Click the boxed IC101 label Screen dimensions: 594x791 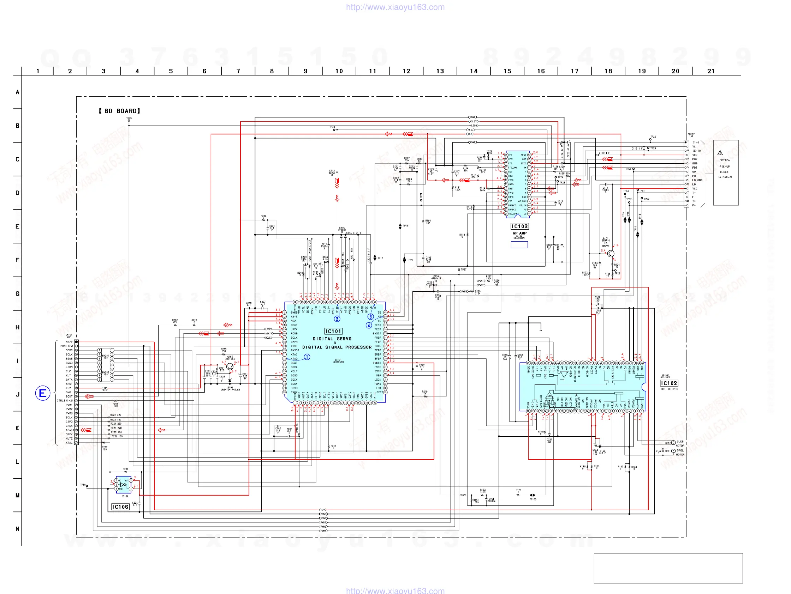point(333,331)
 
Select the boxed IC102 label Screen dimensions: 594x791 point(669,383)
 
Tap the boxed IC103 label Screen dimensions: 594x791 point(519,226)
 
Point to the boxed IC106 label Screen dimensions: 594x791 point(120,507)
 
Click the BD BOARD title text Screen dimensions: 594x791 point(119,111)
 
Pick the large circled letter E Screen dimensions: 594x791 point(43,393)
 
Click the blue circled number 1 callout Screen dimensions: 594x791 point(307,357)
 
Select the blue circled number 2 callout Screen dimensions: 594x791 point(337,319)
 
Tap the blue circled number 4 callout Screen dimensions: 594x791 point(369,326)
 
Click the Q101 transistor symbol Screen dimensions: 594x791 point(611,254)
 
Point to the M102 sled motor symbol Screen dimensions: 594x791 point(673,443)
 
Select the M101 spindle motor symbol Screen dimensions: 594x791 point(673,451)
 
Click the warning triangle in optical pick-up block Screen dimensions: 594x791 point(720,153)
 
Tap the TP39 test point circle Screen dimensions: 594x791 point(129,121)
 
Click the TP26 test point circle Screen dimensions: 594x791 point(650,140)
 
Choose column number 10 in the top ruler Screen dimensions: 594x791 point(339,71)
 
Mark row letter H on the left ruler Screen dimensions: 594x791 point(17,327)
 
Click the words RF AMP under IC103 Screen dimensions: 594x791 point(519,233)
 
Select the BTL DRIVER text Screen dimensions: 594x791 point(670,389)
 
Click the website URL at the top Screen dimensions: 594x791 point(395,7)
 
